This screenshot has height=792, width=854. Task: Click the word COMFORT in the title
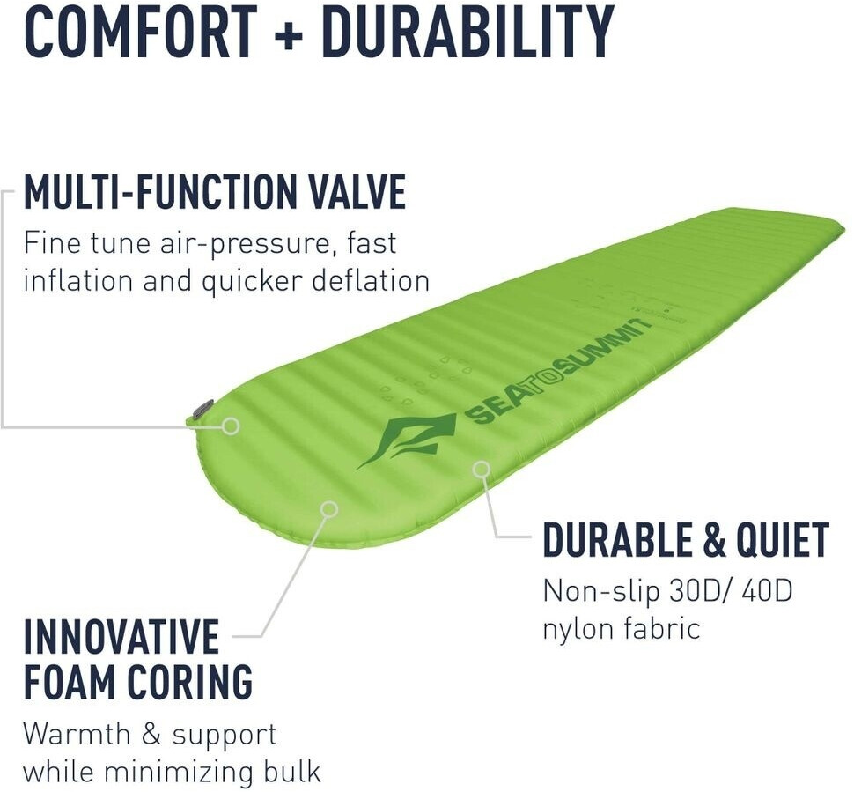[x=141, y=31]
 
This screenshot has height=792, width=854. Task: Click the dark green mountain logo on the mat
[x=408, y=440]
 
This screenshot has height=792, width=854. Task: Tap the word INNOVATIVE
[x=121, y=636]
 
